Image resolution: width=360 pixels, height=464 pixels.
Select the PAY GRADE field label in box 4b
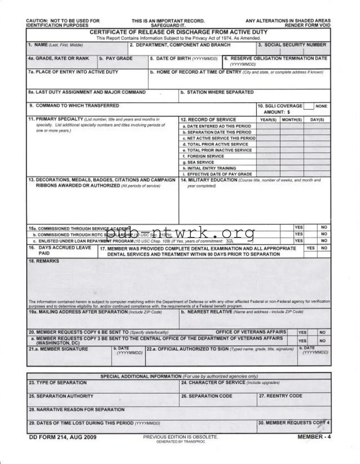116,58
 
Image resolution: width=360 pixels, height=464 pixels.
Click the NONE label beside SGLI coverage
321,106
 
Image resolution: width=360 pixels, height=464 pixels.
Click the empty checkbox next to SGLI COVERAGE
308,106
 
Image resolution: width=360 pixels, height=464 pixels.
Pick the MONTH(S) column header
292,120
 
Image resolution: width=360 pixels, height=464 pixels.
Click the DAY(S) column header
317,120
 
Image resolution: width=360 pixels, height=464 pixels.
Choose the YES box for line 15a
299,228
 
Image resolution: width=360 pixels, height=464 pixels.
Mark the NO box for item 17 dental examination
324,248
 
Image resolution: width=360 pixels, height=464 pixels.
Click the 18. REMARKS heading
44,261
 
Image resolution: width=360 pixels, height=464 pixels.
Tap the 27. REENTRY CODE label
280,396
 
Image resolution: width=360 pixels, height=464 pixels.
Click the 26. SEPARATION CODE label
207,396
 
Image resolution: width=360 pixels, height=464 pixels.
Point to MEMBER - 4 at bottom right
314,437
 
